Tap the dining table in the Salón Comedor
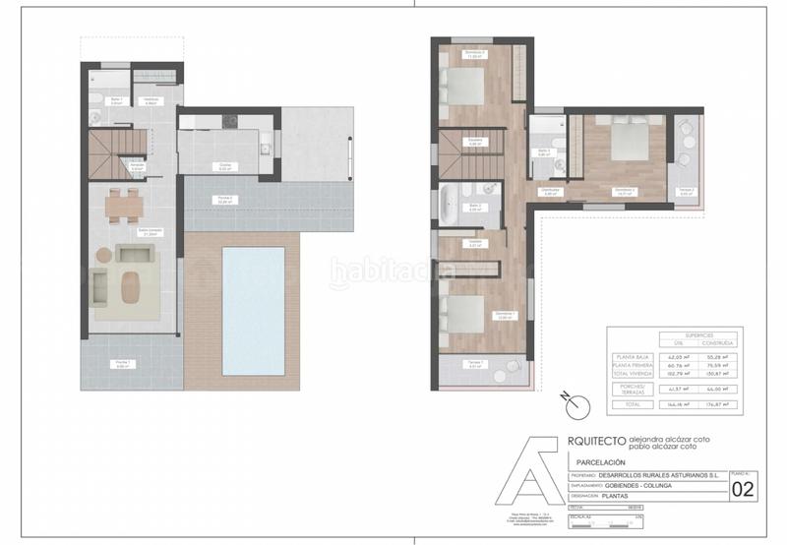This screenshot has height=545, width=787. (x=125, y=205)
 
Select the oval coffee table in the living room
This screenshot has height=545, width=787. (x=130, y=286)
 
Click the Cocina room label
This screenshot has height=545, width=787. (x=224, y=167)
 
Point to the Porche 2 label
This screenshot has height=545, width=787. (x=225, y=200)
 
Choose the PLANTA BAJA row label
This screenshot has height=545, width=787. (x=634, y=356)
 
